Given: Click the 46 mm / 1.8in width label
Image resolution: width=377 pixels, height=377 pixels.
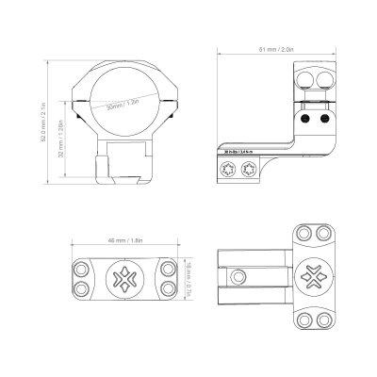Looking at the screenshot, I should tap(122, 240).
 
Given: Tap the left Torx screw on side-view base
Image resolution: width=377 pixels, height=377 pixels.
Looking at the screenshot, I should tap(228, 171).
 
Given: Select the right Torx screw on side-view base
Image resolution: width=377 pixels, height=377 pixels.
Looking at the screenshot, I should tap(251, 171).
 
